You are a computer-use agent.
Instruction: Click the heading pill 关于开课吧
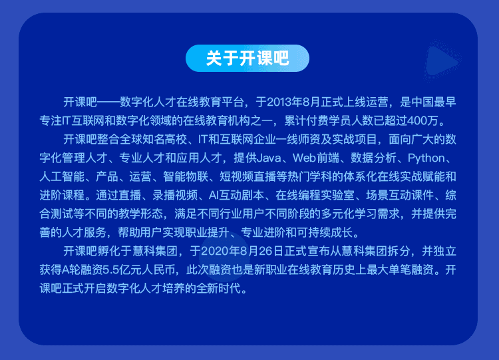[248, 59]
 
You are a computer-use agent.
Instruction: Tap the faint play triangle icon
[441, 62]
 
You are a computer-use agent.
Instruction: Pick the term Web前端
[315, 158]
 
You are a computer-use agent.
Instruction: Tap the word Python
[426, 158]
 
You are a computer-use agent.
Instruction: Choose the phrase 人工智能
[62, 176]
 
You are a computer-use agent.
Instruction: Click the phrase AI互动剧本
[236, 195]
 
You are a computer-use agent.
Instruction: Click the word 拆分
[399, 251]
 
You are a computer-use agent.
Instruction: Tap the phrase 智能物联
[186, 176]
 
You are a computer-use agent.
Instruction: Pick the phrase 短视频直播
[248, 176]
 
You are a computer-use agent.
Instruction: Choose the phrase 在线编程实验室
[315, 195]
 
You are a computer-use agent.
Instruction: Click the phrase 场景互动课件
[400, 195]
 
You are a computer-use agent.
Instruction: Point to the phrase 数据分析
[374, 158]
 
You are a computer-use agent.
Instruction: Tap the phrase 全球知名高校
[154, 140]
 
